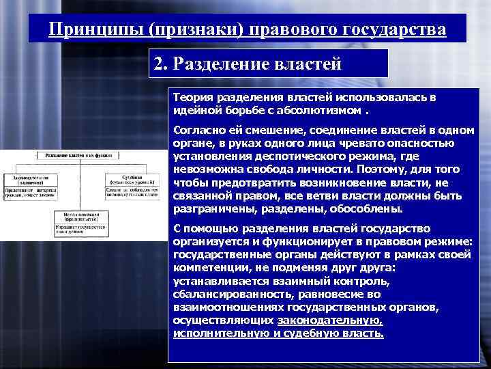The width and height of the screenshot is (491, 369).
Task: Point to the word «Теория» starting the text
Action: tap(192, 98)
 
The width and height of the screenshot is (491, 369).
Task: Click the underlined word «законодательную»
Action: tap(330, 321)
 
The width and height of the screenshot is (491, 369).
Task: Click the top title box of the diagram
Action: tap(79, 156)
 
